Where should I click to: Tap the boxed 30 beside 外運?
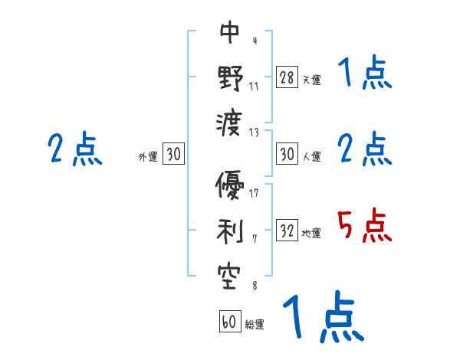pos(173,154)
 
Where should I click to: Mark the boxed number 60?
pos(229,322)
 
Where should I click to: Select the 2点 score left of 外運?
pos(75,149)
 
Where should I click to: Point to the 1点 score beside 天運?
pos(365,74)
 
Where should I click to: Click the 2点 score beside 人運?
pos(365,149)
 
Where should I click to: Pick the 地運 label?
pos(311,233)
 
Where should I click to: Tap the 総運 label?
pos(255,325)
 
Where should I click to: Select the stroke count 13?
pos(254,131)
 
